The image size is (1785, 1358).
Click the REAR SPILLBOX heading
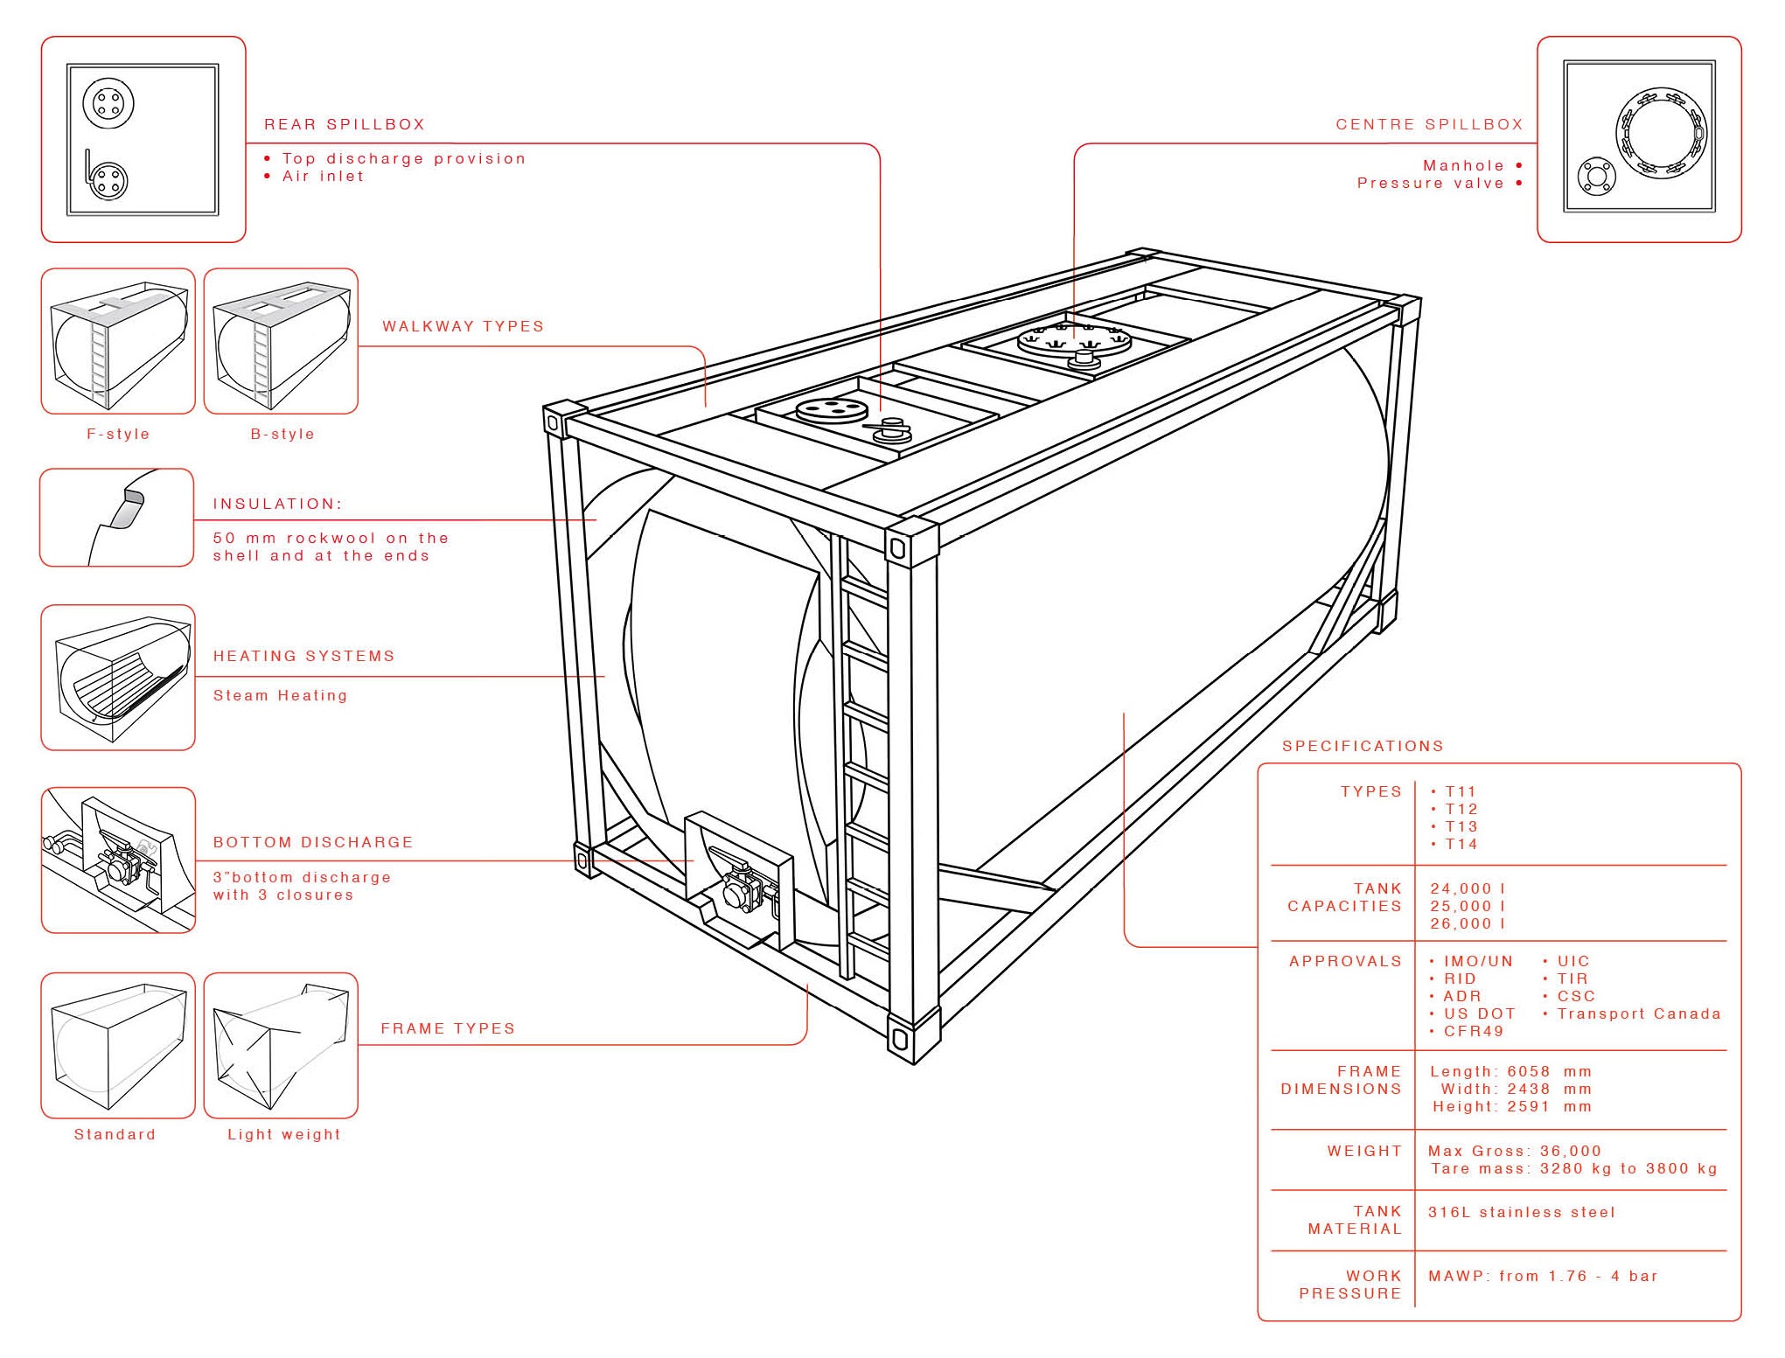coord(345,124)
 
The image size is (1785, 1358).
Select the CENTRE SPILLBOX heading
coord(1428,124)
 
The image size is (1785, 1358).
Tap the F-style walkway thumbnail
coord(118,341)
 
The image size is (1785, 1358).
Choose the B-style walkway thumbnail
coord(281,341)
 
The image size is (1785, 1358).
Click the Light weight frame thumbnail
coord(281,1045)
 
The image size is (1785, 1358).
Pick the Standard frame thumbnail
coord(118,1045)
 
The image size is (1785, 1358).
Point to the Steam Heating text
coord(280,695)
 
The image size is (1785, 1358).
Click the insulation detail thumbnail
coord(116,518)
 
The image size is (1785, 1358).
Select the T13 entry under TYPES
coord(1459,826)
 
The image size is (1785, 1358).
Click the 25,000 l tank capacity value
coord(1468,906)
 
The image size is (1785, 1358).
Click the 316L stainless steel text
coord(1521,1212)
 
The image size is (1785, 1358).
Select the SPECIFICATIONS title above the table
coord(1363,746)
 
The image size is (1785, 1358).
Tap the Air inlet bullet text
coord(322,176)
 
